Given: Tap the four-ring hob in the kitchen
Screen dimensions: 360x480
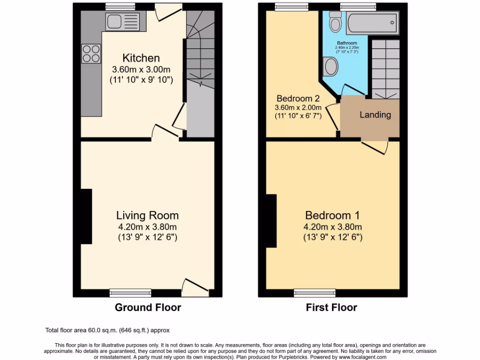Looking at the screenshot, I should click(x=91, y=53).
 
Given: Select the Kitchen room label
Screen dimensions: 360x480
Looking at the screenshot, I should click(x=141, y=58).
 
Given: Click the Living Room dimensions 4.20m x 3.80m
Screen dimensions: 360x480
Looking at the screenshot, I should click(x=147, y=227).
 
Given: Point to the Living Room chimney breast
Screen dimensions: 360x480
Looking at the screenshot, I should click(x=86, y=216).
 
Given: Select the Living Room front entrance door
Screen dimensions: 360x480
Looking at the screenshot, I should click(x=194, y=287).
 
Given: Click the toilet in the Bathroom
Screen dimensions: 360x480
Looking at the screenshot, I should click(x=335, y=22).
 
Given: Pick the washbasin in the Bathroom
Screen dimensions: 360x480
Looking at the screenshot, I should click(x=331, y=66).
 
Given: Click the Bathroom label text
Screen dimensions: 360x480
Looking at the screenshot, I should click(x=346, y=43).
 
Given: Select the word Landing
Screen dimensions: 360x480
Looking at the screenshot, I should click(x=375, y=115).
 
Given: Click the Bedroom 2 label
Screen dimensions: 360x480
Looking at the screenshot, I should click(x=298, y=98).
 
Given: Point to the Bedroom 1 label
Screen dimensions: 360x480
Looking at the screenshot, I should click(x=332, y=216).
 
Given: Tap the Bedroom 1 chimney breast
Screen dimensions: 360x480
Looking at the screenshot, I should click(x=271, y=220).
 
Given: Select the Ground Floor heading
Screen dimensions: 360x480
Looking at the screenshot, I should click(x=148, y=307).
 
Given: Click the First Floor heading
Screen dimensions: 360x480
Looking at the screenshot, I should click(x=331, y=307).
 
